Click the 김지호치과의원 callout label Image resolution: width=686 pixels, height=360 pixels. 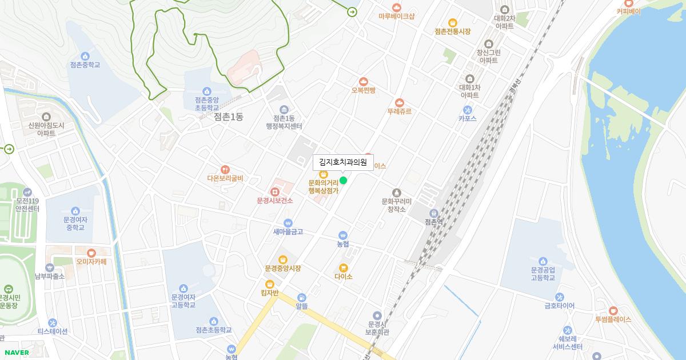coord(343,162)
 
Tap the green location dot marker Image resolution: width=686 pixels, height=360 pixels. coord(344,181)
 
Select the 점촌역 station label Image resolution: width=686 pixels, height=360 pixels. coord(434,221)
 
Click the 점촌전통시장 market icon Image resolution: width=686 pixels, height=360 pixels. coord(452,22)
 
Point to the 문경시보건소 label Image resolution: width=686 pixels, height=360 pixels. coord(275,201)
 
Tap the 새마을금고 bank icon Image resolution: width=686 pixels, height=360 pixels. coord(288,223)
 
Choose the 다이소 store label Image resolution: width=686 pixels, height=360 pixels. coord(344,277)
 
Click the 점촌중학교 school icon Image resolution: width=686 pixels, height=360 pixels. coord(85,56)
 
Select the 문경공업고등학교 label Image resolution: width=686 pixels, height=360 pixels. coord(543,274)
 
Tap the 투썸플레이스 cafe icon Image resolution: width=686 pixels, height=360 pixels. coord(613,310)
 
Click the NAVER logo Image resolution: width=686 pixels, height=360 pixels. coord(17,353)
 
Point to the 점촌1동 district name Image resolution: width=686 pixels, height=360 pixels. coord(229,117)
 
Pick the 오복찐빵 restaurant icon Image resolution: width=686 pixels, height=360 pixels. coord(364,81)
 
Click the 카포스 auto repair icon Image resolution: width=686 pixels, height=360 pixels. coord(468,109)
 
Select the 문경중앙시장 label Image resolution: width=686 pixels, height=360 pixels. coord(283,268)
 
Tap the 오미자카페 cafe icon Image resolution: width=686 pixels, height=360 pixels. coord(91,253)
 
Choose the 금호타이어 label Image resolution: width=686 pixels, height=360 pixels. coord(560,306)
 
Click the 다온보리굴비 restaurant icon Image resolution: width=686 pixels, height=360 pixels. coord(225,169)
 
